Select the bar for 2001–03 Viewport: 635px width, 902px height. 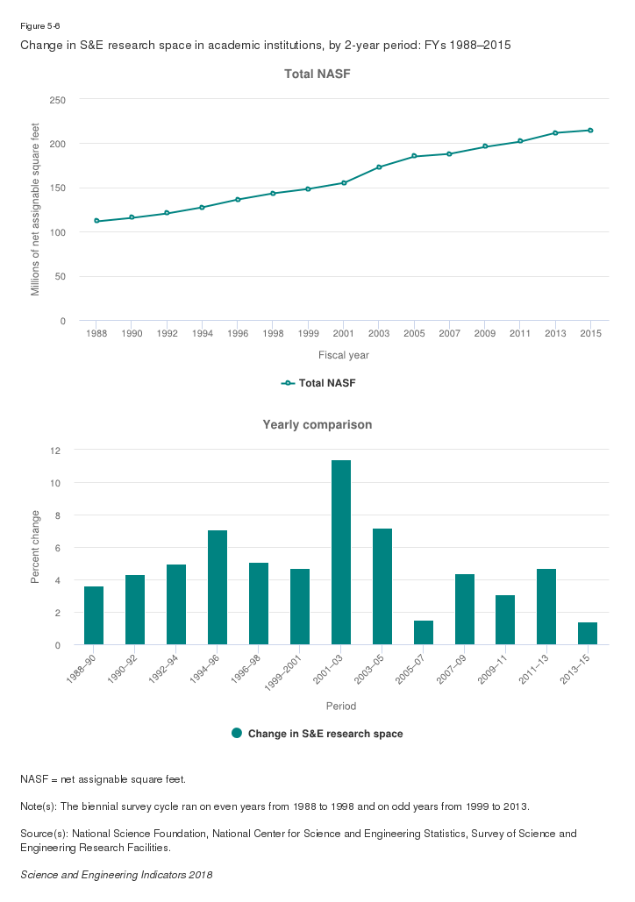click(x=341, y=552)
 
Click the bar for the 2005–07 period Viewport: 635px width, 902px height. click(x=424, y=633)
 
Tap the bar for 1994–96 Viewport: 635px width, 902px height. click(x=218, y=587)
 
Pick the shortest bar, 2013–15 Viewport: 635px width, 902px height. click(x=588, y=634)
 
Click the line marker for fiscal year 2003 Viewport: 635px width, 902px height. click(x=379, y=167)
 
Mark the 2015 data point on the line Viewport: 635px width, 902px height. click(x=590, y=131)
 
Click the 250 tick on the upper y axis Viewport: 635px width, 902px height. click(x=57, y=100)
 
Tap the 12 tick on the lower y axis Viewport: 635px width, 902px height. click(x=55, y=451)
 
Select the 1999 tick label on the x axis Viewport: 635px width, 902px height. click(x=308, y=334)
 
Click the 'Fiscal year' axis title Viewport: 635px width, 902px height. click(x=343, y=355)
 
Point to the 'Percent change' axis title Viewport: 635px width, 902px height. click(x=36, y=548)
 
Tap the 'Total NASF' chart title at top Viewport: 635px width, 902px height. click(x=317, y=75)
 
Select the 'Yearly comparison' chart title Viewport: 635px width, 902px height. click(x=317, y=425)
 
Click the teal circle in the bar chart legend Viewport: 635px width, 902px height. click(x=237, y=733)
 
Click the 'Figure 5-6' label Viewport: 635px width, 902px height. click(x=39, y=25)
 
